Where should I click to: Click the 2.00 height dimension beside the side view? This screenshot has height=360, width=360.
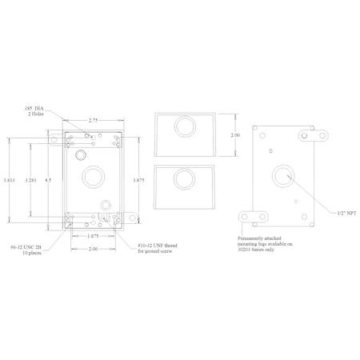[234, 135]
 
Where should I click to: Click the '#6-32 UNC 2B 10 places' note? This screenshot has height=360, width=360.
[23, 250]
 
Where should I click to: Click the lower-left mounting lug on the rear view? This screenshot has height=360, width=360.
[254, 217]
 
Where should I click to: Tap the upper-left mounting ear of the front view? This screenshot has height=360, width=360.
[54, 138]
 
